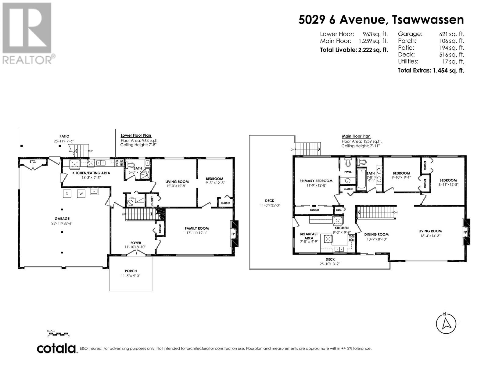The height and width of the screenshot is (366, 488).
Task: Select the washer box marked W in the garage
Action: pos(81,194)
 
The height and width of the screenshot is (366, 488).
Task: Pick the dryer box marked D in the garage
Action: pos(67,194)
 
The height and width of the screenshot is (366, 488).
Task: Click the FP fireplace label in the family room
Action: pos(233,234)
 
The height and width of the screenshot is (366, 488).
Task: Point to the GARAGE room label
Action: pos(62,219)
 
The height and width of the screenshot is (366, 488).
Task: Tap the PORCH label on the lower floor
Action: pos(131,271)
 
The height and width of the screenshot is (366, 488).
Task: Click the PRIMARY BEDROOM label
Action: pos(316,181)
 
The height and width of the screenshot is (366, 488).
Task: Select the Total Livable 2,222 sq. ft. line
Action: pos(354,50)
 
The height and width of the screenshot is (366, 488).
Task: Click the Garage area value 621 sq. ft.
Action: pos(451,34)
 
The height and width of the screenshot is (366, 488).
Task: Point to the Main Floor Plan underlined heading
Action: pos(356,136)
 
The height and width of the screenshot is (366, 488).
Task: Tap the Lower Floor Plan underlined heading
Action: pos(136,135)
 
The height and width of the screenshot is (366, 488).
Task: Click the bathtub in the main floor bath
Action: pos(361,179)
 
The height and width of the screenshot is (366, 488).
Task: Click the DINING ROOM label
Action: pos(376,235)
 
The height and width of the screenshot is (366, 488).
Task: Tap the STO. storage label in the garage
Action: pos(33,162)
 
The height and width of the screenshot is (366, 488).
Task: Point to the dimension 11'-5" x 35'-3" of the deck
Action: pos(270,205)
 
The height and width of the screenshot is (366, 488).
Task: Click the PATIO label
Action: pos(64,136)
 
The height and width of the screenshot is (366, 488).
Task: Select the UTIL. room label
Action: pos(131,198)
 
